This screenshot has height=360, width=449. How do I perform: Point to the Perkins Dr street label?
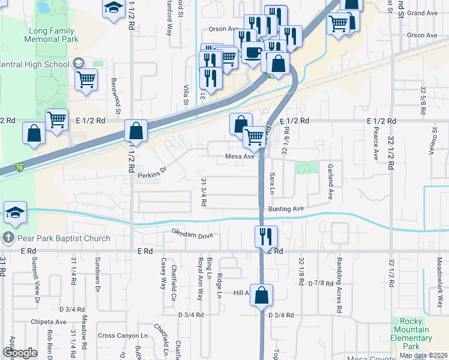[151, 176]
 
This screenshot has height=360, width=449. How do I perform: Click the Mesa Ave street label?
[240, 157]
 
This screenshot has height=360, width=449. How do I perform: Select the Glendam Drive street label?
[192, 235]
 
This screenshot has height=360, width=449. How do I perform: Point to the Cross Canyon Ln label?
[122, 336]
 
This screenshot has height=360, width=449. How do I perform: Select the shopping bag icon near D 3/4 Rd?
[262, 295]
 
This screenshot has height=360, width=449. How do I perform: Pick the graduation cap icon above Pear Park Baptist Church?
[15, 212]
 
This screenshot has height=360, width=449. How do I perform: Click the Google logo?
[20, 353]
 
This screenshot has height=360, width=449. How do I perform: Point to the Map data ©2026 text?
[423, 355]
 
